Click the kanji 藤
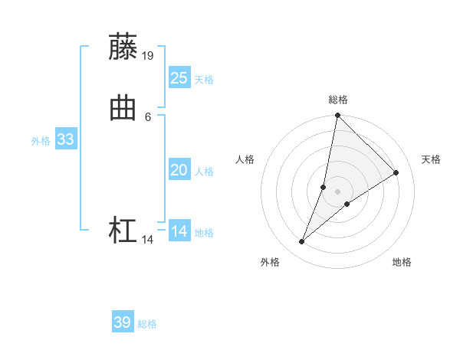tap(123, 47)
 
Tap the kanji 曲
tap(123, 109)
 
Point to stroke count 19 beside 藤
tap(148, 55)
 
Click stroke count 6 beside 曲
tap(148, 116)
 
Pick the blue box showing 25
tap(179, 78)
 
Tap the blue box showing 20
tap(179, 171)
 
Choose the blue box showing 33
tap(65, 140)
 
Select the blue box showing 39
tap(122, 322)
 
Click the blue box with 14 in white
tap(179, 231)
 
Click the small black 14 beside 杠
tap(148, 240)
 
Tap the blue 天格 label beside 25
tap(204, 80)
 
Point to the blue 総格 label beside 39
tap(147, 324)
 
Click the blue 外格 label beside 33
tap(41, 141)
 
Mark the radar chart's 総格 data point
tap(337, 115)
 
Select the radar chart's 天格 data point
tap(396, 172)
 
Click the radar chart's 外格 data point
tap(302, 242)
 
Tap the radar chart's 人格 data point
tap(324, 187)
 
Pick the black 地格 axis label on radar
tap(402, 262)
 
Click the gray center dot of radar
tap(337, 191)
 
